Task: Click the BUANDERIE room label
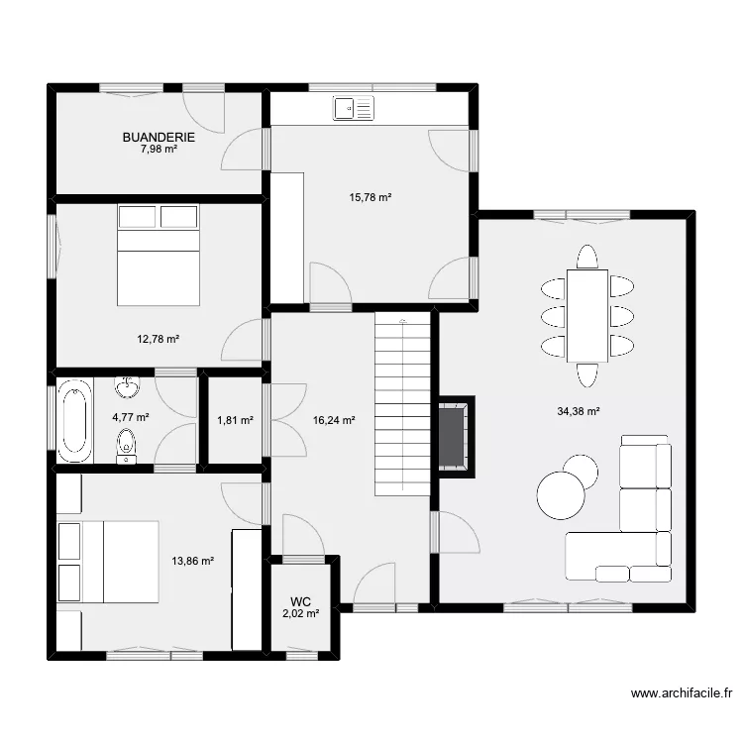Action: click(x=159, y=138)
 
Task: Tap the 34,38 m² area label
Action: click(x=579, y=411)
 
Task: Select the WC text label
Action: click(x=301, y=600)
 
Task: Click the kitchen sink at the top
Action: click(x=353, y=109)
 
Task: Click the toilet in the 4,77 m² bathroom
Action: click(x=127, y=446)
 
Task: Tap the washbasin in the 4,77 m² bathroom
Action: click(x=127, y=385)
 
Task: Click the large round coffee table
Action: click(x=561, y=494)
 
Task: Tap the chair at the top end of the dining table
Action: click(x=587, y=257)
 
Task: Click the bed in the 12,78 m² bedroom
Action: click(x=159, y=256)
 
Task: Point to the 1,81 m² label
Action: click(x=235, y=420)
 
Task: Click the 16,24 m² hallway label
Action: click(x=334, y=420)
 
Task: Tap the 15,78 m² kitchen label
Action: click(x=371, y=197)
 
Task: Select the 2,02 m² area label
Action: click(x=301, y=613)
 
